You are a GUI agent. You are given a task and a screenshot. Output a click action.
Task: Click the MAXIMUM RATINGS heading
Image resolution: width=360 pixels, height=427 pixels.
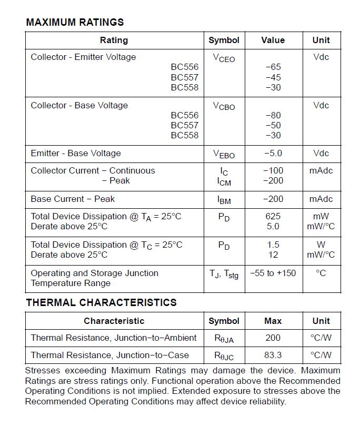click(75, 22)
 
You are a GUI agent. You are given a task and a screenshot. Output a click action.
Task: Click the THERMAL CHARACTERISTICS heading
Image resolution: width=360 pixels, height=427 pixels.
click(101, 302)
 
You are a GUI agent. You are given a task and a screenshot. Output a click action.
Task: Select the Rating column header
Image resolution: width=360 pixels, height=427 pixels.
click(114, 40)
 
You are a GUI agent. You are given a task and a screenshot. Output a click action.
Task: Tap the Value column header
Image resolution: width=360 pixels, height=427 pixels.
click(273, 40)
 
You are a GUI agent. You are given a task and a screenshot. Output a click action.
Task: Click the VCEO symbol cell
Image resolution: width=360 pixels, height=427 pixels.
click(224, 58)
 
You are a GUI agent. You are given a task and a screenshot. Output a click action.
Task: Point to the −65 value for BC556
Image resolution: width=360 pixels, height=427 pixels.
click(273, 67)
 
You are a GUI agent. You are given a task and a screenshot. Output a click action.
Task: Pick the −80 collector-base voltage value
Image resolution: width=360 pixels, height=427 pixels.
click(273, 115)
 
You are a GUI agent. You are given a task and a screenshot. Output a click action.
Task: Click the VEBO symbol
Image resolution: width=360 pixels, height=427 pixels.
click(224, 154)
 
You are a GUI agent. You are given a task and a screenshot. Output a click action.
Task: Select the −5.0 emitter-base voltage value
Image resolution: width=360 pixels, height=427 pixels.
click(273, 153)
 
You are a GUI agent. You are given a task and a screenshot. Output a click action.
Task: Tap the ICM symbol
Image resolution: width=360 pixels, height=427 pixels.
click(224, 181)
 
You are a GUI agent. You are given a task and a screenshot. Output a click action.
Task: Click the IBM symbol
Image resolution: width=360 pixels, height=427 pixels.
click(224, 199)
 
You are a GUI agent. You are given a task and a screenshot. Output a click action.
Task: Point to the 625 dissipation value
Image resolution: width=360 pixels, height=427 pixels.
click(273, 216)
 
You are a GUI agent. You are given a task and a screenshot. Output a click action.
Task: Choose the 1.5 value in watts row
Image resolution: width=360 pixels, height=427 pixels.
click(273, 245)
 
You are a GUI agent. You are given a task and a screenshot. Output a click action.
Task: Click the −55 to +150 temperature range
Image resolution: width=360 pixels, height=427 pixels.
click(273, 273)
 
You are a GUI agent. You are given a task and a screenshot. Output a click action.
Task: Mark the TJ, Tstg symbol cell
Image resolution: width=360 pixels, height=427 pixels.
click(224, 274)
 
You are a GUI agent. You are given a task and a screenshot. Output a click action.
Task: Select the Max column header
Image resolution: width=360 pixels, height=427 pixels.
click(273, 321)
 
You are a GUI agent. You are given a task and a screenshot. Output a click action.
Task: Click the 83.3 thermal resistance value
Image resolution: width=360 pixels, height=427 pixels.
click(273, 355)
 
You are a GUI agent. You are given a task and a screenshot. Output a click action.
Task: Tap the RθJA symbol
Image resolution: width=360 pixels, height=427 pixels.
click(224, 338)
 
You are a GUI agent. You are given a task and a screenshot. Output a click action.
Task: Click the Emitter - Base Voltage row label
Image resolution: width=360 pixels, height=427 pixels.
click(76, 153)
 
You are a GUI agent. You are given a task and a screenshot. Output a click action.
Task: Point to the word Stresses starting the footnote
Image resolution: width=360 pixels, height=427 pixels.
click(43, 370)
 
